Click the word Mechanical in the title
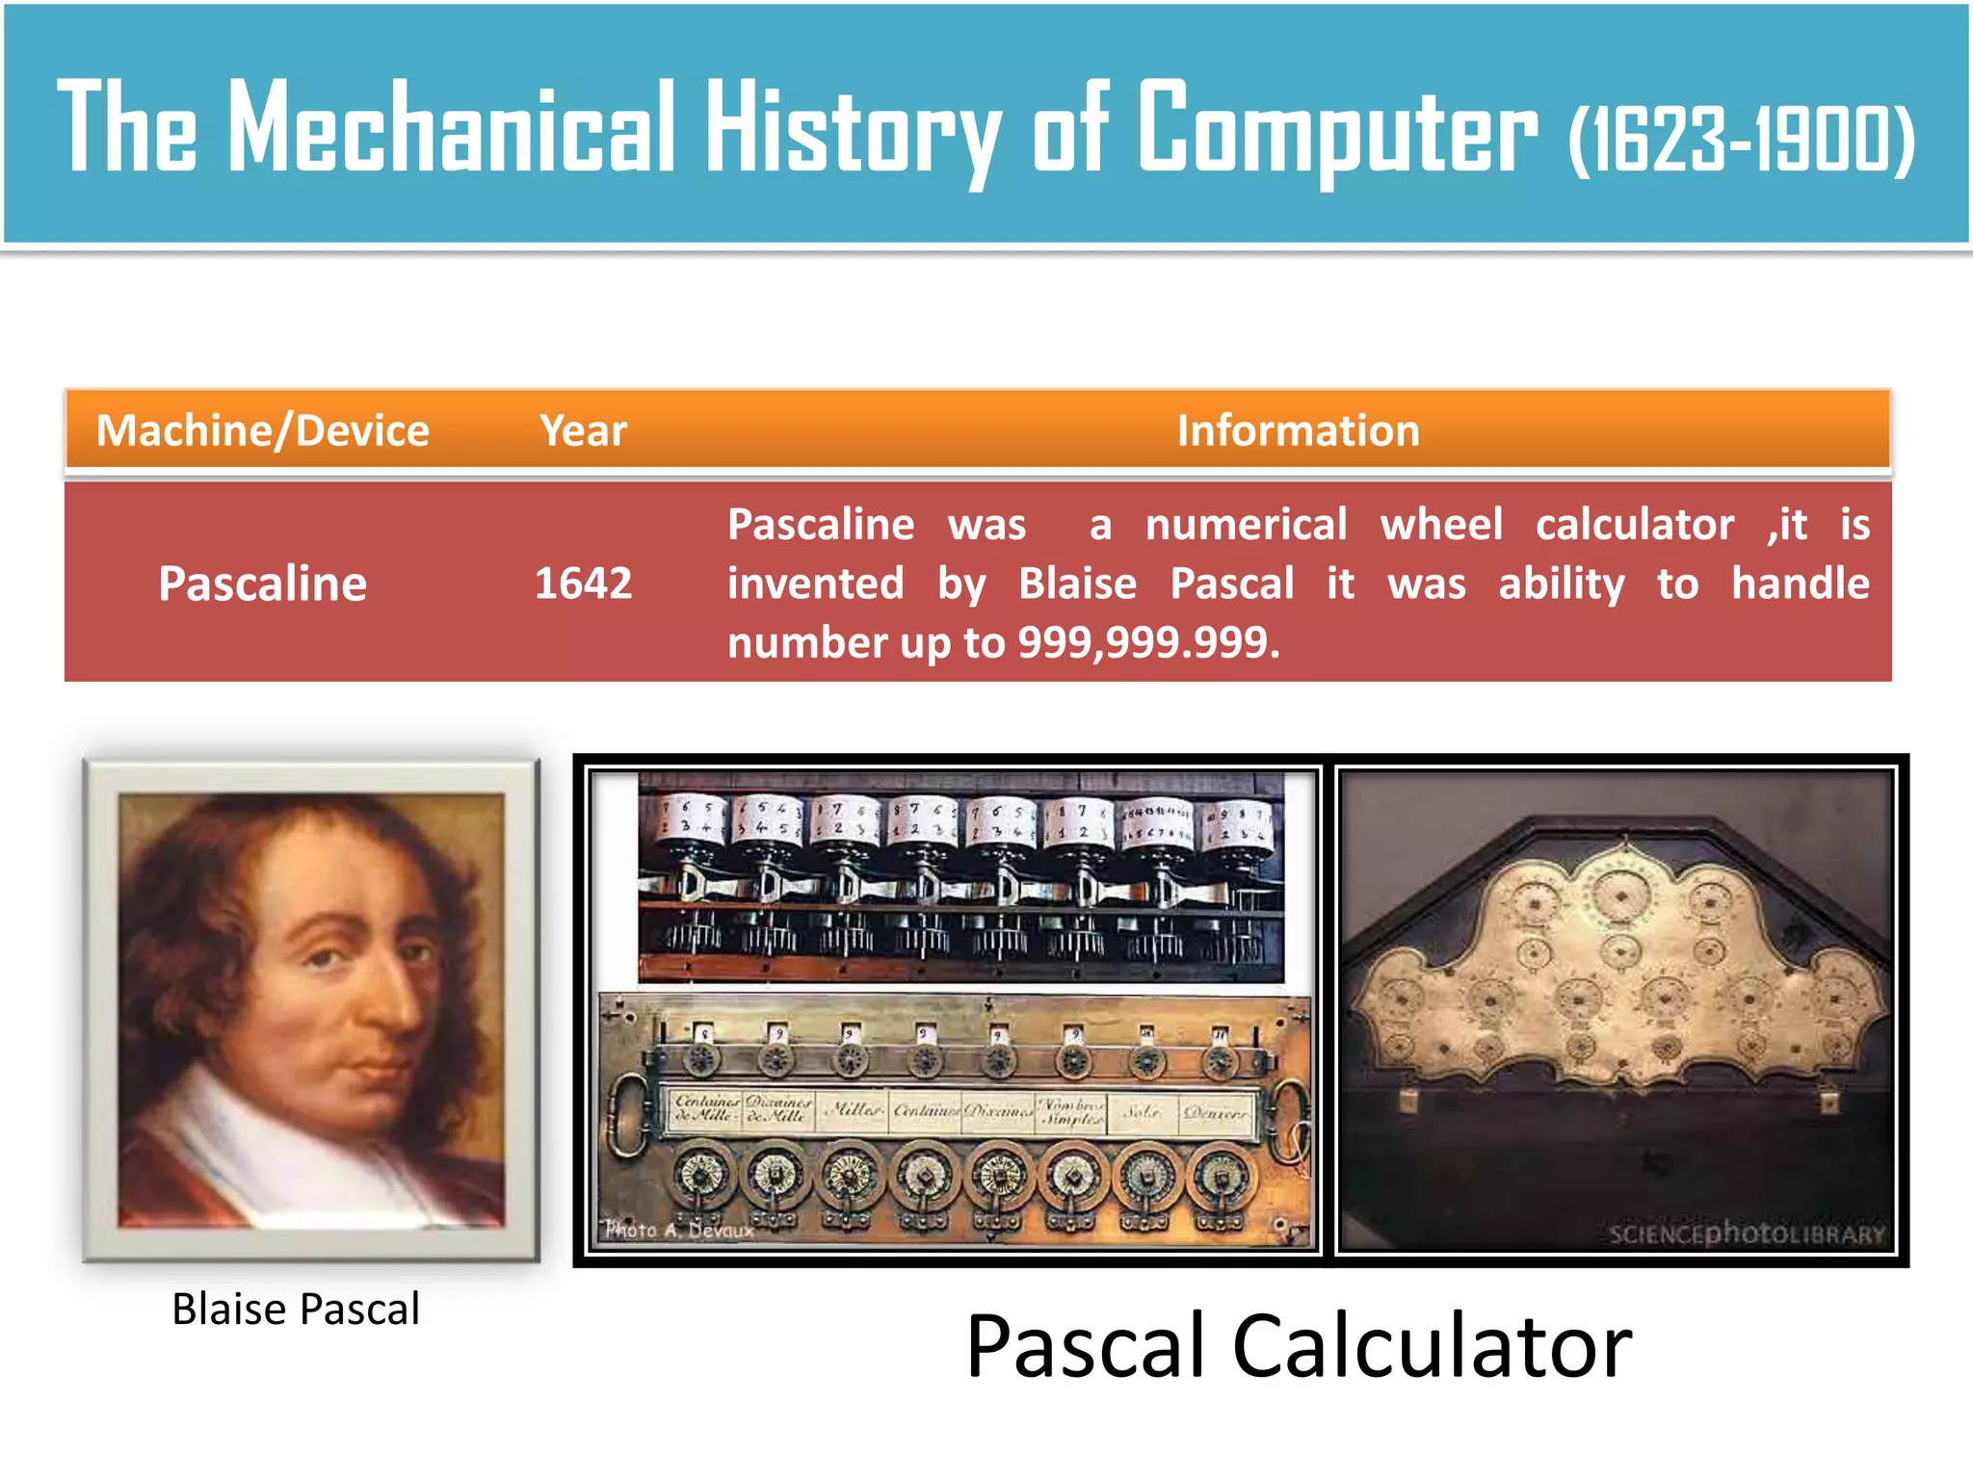[451, 127]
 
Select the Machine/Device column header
[262, 430]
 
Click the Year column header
[583, 430]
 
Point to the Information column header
[1298, 430]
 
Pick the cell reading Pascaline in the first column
[262, 584]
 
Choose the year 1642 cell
[583, 584]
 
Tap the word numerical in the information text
[1246, 525]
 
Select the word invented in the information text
[815, 584]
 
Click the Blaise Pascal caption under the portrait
[296, 1310]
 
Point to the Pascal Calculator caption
[1298, 1346]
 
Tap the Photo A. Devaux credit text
[678, 1230]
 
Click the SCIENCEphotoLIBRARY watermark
[1746, 1233]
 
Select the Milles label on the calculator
[854, 1110]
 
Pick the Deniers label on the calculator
[1216, 1112]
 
